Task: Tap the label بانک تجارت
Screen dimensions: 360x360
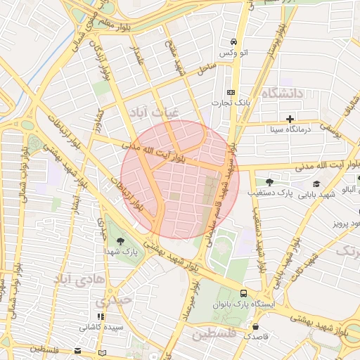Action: pyautogui.click(x=231, y=103)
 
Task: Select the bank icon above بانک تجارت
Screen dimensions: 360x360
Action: pyautogui.click(x=231, y=92)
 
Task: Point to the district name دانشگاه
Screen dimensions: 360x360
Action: pyautogui.click(x=281, y=93)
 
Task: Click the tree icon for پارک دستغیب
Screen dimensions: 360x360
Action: pyautogui.click(x=269, y=181)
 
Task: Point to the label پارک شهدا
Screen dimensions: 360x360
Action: pyautogui.click(x=122, y=251)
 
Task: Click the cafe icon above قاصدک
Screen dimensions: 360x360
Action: pyautogui.click(x=254, y=326)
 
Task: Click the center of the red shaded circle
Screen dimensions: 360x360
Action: pyautogui.click(x=180, y=180)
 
